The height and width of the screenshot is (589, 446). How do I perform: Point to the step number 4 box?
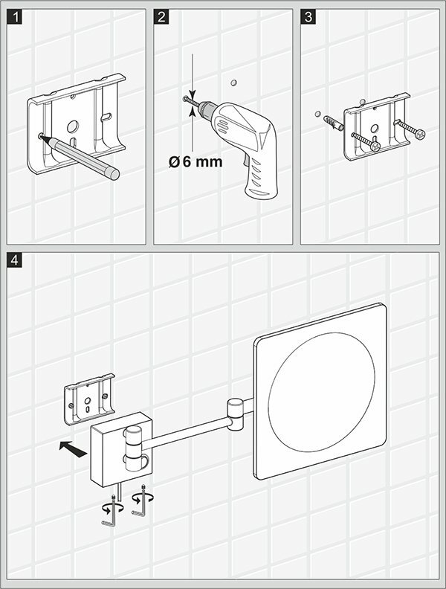coord(15,261)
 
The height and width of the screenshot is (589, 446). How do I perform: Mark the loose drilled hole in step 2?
coord(233,80)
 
